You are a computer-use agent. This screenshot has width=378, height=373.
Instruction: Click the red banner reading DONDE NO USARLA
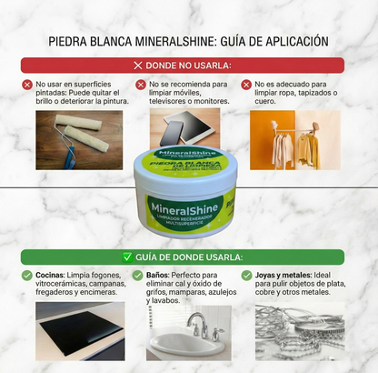pyautogui.click(x=188, y=66)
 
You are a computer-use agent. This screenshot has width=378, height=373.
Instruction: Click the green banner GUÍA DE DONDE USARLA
pyautogui.click(x=188, y=257)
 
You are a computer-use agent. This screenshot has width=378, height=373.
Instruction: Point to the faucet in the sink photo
pyautogui.click(x=196, y=324)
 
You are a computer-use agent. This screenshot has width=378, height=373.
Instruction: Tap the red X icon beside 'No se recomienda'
pyautogui.click(x=141, y=85)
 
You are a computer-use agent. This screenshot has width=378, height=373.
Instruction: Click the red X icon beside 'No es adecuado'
pyautogui.click(x=246, y=85)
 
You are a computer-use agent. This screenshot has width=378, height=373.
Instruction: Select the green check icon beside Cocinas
pyautogui.click(x=26, y=276)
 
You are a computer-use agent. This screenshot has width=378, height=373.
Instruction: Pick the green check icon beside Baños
pyautogui.click(x=137, y=276)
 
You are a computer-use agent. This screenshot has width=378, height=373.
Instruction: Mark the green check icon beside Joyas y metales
pyautogui.click(x=246, y=276)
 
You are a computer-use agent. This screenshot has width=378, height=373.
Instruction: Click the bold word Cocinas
pyautogui.click(x=51, y=276)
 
